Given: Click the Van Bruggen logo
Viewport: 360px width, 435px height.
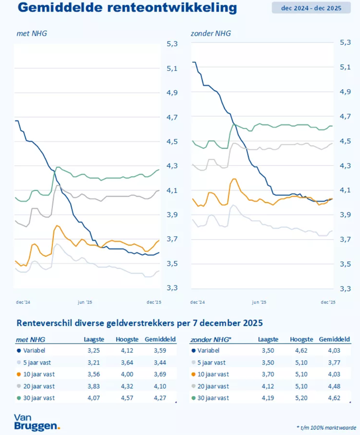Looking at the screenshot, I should coord(37,423).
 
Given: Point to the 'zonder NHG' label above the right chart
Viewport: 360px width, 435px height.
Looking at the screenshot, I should coord(210,33).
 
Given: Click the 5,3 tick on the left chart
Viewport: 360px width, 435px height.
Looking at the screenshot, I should coord(172,44).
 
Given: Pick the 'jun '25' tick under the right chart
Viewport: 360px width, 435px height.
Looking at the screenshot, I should coord(259,302).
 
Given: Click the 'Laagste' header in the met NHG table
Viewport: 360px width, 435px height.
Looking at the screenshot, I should coord(94,339).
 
